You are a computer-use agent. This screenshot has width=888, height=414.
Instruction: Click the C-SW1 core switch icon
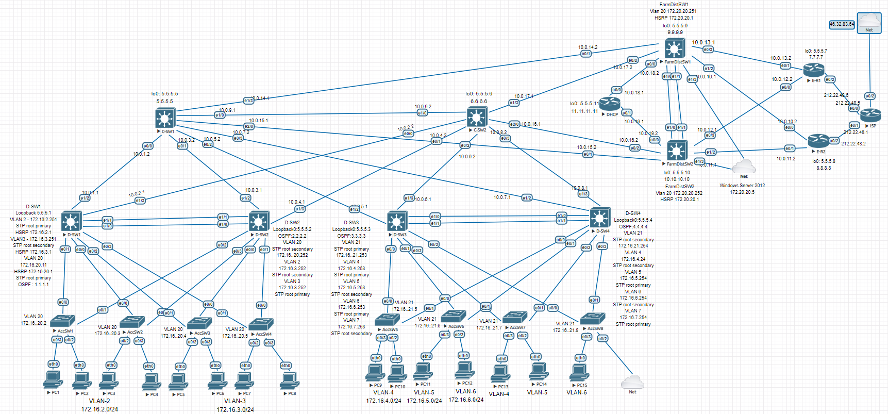pos(165,118)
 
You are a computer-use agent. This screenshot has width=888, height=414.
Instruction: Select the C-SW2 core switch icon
pos(477,117)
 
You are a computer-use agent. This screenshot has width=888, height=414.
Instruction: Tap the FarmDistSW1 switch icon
pos(674,49)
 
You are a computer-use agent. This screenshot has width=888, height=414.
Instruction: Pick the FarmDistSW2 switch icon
pos(677,151)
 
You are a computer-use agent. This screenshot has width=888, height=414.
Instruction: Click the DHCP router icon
pos(610,104)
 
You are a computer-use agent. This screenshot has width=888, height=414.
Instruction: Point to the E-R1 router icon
pos(813,70)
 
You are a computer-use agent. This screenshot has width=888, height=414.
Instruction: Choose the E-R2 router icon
pos(818,141)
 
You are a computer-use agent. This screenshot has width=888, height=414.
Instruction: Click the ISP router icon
pos(870,115)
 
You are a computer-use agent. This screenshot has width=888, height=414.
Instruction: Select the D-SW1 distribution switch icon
pos(71,221)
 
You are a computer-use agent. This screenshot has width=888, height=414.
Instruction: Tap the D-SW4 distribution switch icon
pos(599,218)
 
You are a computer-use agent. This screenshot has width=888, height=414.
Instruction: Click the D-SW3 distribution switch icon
pos(397,221)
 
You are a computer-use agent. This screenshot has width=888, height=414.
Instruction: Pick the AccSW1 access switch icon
pos(63,321)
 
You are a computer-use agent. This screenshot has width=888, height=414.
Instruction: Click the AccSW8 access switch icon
pos(592,318)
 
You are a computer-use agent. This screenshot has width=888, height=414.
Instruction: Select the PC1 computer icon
pos(53,379)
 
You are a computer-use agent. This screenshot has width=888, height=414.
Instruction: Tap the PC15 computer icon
pos(579,372)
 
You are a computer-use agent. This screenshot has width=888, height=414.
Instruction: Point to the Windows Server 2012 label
pos(742,186)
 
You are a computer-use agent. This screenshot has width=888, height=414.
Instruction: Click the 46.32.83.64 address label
pos(842,24)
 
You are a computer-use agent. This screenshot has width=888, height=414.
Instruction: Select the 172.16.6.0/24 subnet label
pos(466,400)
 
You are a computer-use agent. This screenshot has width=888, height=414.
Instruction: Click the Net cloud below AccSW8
pos(632,382)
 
